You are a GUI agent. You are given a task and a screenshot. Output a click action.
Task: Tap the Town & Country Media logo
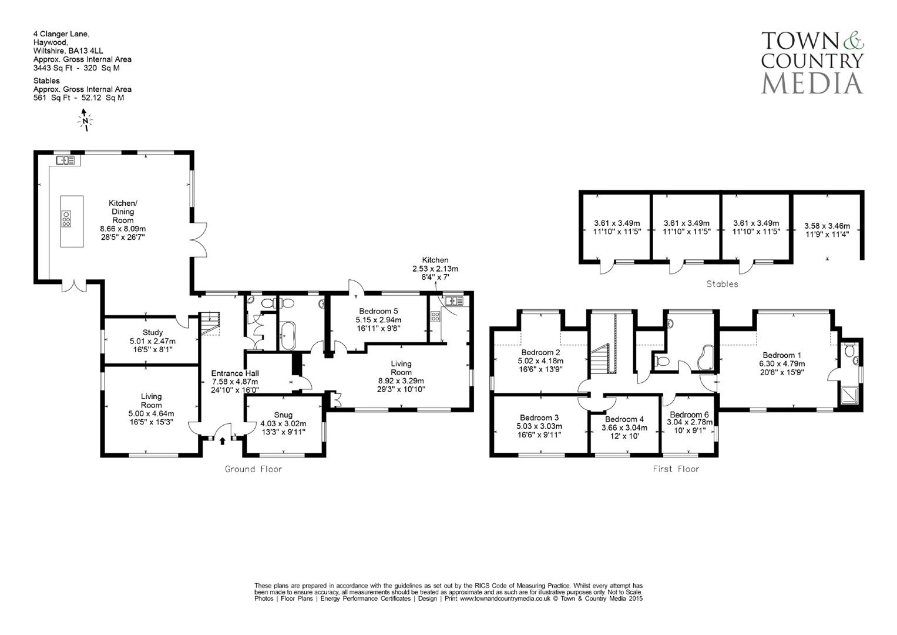pyautogui.click(x=812, y=62)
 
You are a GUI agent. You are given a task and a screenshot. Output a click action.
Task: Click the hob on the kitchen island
pyautogui.click(x=66, y=219)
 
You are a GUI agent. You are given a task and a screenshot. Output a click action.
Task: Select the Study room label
pyautogui.click(x=153, y=333)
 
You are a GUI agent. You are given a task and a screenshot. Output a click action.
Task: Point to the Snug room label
pyautogui.click(x=283, y=415)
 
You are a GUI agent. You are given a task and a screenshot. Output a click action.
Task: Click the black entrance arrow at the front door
pyautogui.click(x=223, y=440)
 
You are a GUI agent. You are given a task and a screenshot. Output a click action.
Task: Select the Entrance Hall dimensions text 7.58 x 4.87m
pyautogui.click(x=235, y=382)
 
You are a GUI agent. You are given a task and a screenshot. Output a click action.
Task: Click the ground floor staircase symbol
pyautogui.click(x=210, y=324)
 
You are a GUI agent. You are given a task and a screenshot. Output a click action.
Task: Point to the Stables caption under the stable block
pyautogui.click(x=722, y=284)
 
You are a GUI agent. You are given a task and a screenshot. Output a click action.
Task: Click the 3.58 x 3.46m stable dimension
pyautogui.click(x=827, y=226)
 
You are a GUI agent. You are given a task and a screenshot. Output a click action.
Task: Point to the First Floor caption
pyautogui.click(x=676, y=469)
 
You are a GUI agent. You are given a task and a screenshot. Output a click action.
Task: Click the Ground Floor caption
pyautogui.click(x=253, y=469)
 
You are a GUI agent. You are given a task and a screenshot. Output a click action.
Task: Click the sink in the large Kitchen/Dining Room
pyautogui.click(x=65, y=160)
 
